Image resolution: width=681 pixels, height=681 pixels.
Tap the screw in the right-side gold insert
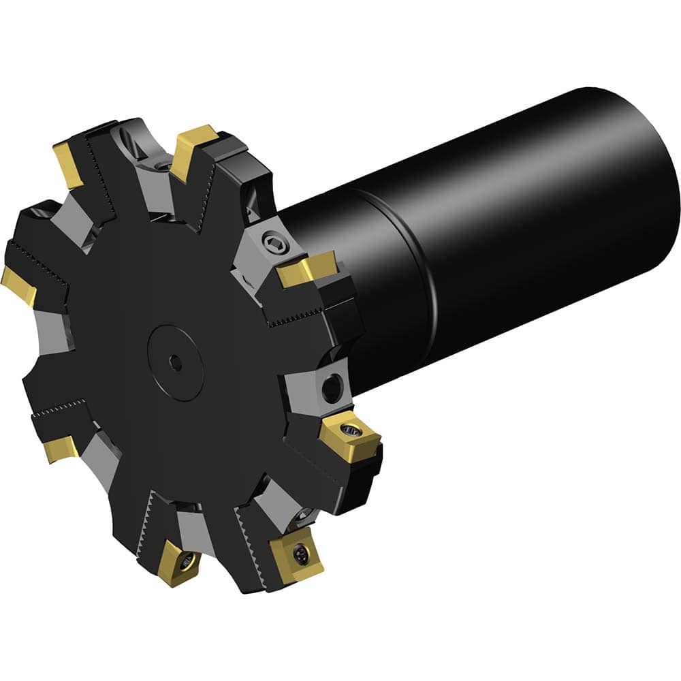point(351,430)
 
